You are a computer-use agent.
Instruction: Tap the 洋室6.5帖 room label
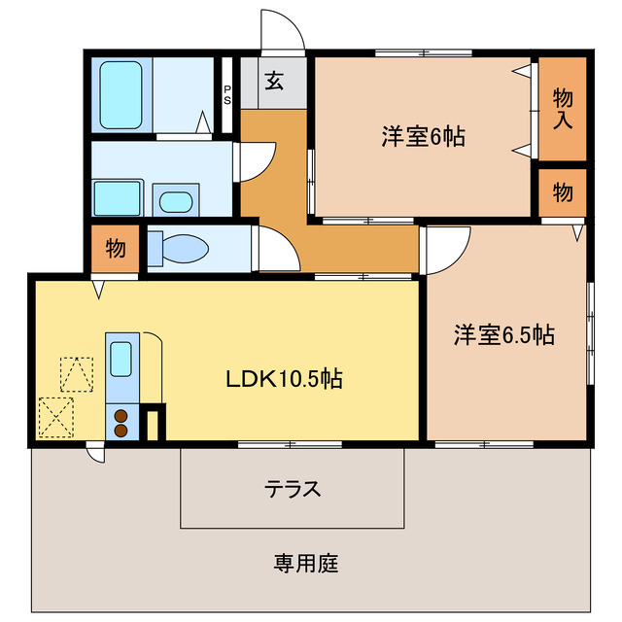pyautogui.click(x=503, y=336)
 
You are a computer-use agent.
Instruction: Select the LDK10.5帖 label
pyautogui.click(x=284, y=379)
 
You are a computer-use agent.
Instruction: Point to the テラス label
pyautogui.click(x=293, y=489)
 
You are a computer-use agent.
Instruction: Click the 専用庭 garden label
pyautogui.click(x=306, y=563)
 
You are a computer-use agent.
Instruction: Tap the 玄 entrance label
pyautogui.click(x=274, y=82)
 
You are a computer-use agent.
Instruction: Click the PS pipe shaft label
pyautogui.click(x=227, y=94)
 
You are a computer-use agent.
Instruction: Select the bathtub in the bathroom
pyautogui.click(x=122, y=95)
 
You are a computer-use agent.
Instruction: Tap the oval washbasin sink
pyautogui.click(x=175, y=202)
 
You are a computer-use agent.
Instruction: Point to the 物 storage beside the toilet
pyautogui.click(x=115, y=249)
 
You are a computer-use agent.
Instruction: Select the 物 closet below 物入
pyautogui.click(x=563, y=191)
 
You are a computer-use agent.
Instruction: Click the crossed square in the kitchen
pyautogui.click(x=56, y=418)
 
